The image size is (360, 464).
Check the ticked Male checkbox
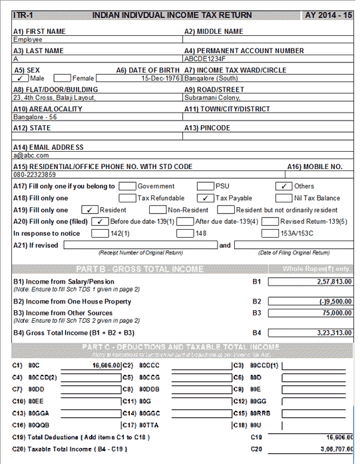[21, 78]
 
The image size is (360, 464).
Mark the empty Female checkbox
[62, 78]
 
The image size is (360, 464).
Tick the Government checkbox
[127, 186]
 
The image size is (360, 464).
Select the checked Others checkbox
[284, 186]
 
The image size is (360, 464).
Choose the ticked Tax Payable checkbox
[206, 198]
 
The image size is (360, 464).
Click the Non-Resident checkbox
[157, 210]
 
